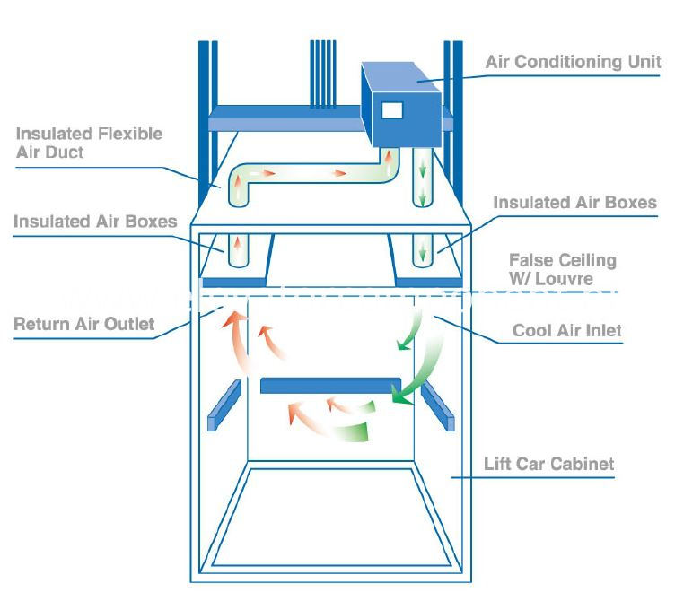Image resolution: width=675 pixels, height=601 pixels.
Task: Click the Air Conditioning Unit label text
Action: (x=573, y=62)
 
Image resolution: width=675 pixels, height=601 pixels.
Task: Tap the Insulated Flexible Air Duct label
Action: (x=89, y=143)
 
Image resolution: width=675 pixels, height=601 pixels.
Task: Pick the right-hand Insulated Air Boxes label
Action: (x=574, y=203)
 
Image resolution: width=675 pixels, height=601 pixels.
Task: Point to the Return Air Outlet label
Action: (x=83, y=323)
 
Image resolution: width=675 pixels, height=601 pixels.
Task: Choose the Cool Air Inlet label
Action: (x=566, y=330)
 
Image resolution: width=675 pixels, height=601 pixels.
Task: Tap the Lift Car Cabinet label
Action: (x=548, y=464)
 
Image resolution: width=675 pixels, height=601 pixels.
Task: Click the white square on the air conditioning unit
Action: (x=392, y=111)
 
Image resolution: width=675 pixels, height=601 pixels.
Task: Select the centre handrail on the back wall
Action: (x=330, y=387)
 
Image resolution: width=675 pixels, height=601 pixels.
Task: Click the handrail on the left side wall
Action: (x=224, y=405)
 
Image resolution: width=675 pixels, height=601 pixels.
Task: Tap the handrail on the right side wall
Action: (x=436, y=405)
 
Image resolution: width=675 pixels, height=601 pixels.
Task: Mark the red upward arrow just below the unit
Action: (x=390, y=164)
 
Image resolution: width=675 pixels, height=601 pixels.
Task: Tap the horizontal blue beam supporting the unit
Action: (x=278, y=118)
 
